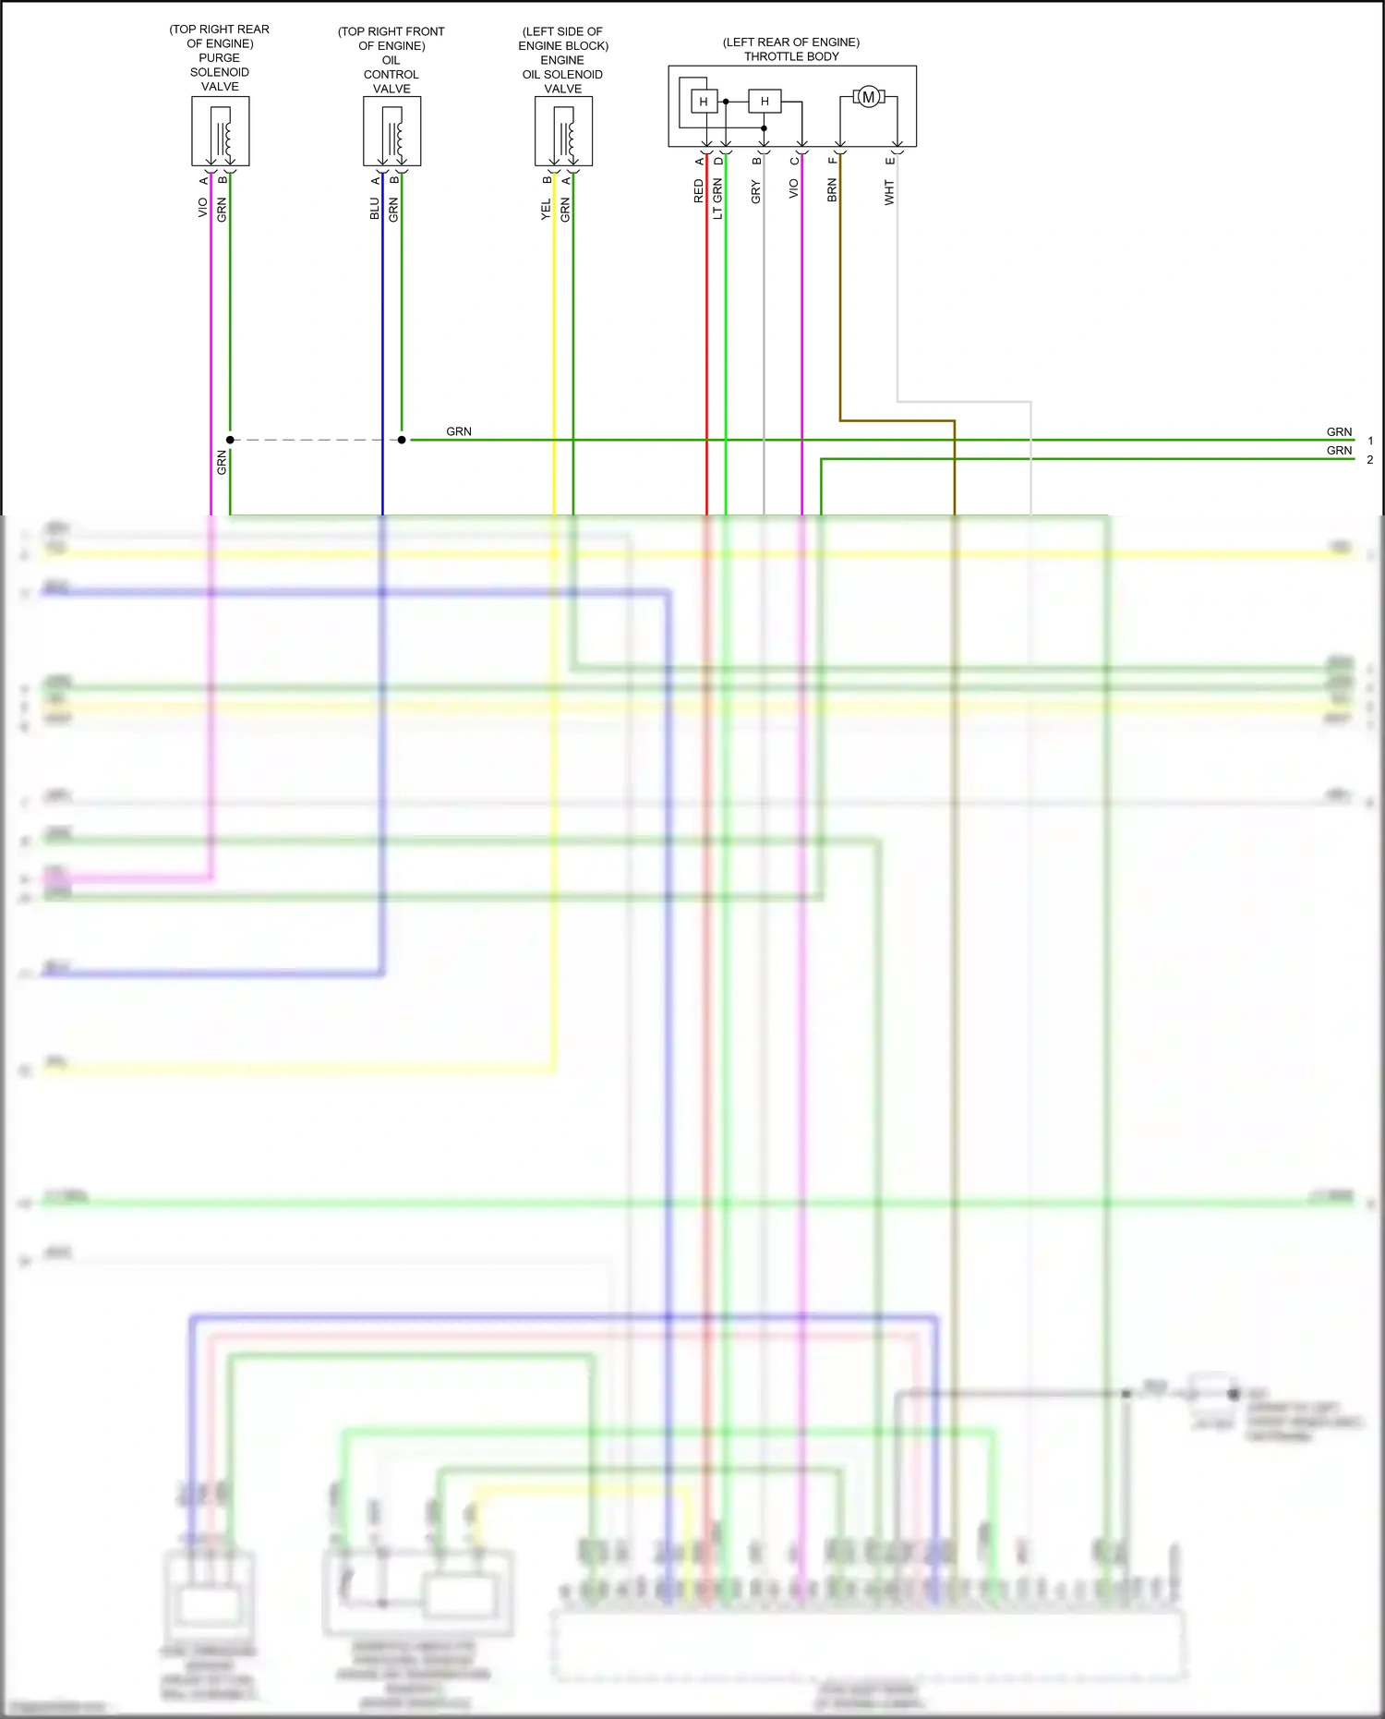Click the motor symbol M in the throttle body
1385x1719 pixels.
868,97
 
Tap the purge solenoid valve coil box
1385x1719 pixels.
221,131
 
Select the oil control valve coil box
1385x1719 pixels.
392,131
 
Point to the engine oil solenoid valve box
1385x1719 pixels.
563,131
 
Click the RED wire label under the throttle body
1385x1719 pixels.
699,191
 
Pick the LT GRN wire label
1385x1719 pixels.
717,199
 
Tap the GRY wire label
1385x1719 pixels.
756,192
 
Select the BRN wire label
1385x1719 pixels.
832,191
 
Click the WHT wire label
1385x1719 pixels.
889,192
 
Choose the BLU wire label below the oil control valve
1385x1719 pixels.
375,209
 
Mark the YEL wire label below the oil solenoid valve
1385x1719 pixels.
546,209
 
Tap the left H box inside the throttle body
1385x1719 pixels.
704,102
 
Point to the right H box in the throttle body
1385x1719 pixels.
765,102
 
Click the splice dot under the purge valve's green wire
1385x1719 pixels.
230,440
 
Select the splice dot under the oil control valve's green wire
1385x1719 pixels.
402,440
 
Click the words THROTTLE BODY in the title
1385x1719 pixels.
791,56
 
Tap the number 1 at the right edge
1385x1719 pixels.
1370,441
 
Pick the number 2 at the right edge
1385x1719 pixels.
1370,459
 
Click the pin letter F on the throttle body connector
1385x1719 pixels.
832,161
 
